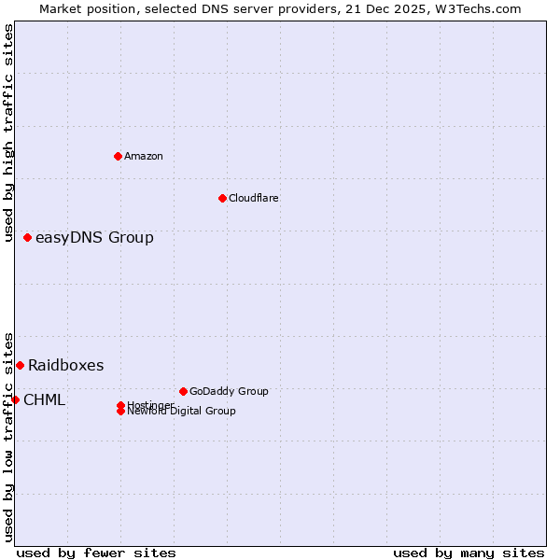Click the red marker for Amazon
[118, 156]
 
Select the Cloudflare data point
[222, 198]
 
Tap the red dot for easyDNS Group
[28, 238]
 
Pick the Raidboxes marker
[20, 365]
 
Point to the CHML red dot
[15, 399]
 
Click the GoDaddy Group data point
[183, 391]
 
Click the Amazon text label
[143, 156]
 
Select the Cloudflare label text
[253, 198]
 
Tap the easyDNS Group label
[94, 238]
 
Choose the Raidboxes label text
[65, 366]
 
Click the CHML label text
[44, 400]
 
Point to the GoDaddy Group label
[229, 391]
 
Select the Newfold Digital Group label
[181, 411]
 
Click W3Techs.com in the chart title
[479, 8]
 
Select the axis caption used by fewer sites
[96, 553]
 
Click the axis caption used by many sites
[469, 553]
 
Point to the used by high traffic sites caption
[8, 133]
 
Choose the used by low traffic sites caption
[8, 436]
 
